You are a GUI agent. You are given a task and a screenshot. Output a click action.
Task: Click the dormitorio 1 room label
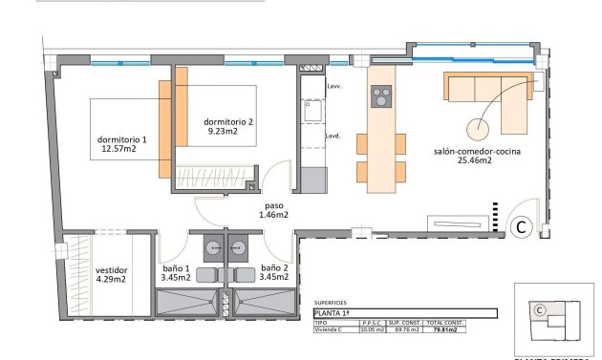click(x=122, y=145)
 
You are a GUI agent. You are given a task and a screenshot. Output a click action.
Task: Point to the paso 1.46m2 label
click(x=273, y=211)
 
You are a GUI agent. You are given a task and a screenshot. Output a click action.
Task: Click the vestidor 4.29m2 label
click(x=112, y=275)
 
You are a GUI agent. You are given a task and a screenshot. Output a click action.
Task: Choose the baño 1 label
click(x=175, y=273)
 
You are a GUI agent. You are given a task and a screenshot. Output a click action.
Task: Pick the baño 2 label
click(x=274, y=273)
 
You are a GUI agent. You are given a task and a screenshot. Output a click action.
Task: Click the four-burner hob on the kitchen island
click(x=380, y=96)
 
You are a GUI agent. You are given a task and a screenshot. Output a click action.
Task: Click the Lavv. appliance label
click(x=333, y=87)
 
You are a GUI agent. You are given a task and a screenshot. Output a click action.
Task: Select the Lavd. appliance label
click(x=333, y=136)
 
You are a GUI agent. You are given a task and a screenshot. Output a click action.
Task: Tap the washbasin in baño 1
click(x=208, y=245)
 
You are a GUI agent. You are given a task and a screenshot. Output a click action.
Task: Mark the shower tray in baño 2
click(x=264, y=304)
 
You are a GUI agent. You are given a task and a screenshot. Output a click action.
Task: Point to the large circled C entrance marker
click(x=522, y=226)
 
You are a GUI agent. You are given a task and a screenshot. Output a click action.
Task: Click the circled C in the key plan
click(x=539, y=309)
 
